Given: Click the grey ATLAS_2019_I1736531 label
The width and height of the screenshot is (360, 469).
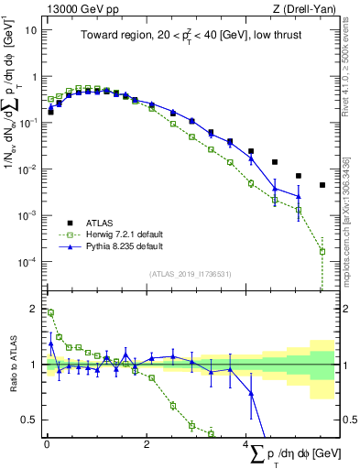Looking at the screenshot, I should (190, 274).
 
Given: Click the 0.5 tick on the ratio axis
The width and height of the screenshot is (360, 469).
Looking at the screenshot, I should (27, 420).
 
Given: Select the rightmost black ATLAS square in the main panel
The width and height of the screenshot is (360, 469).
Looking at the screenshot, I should (322, 185).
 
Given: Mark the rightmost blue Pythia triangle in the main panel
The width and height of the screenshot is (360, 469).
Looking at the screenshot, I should (299, 195).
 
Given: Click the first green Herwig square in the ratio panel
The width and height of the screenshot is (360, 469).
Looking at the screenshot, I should (50, 312).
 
